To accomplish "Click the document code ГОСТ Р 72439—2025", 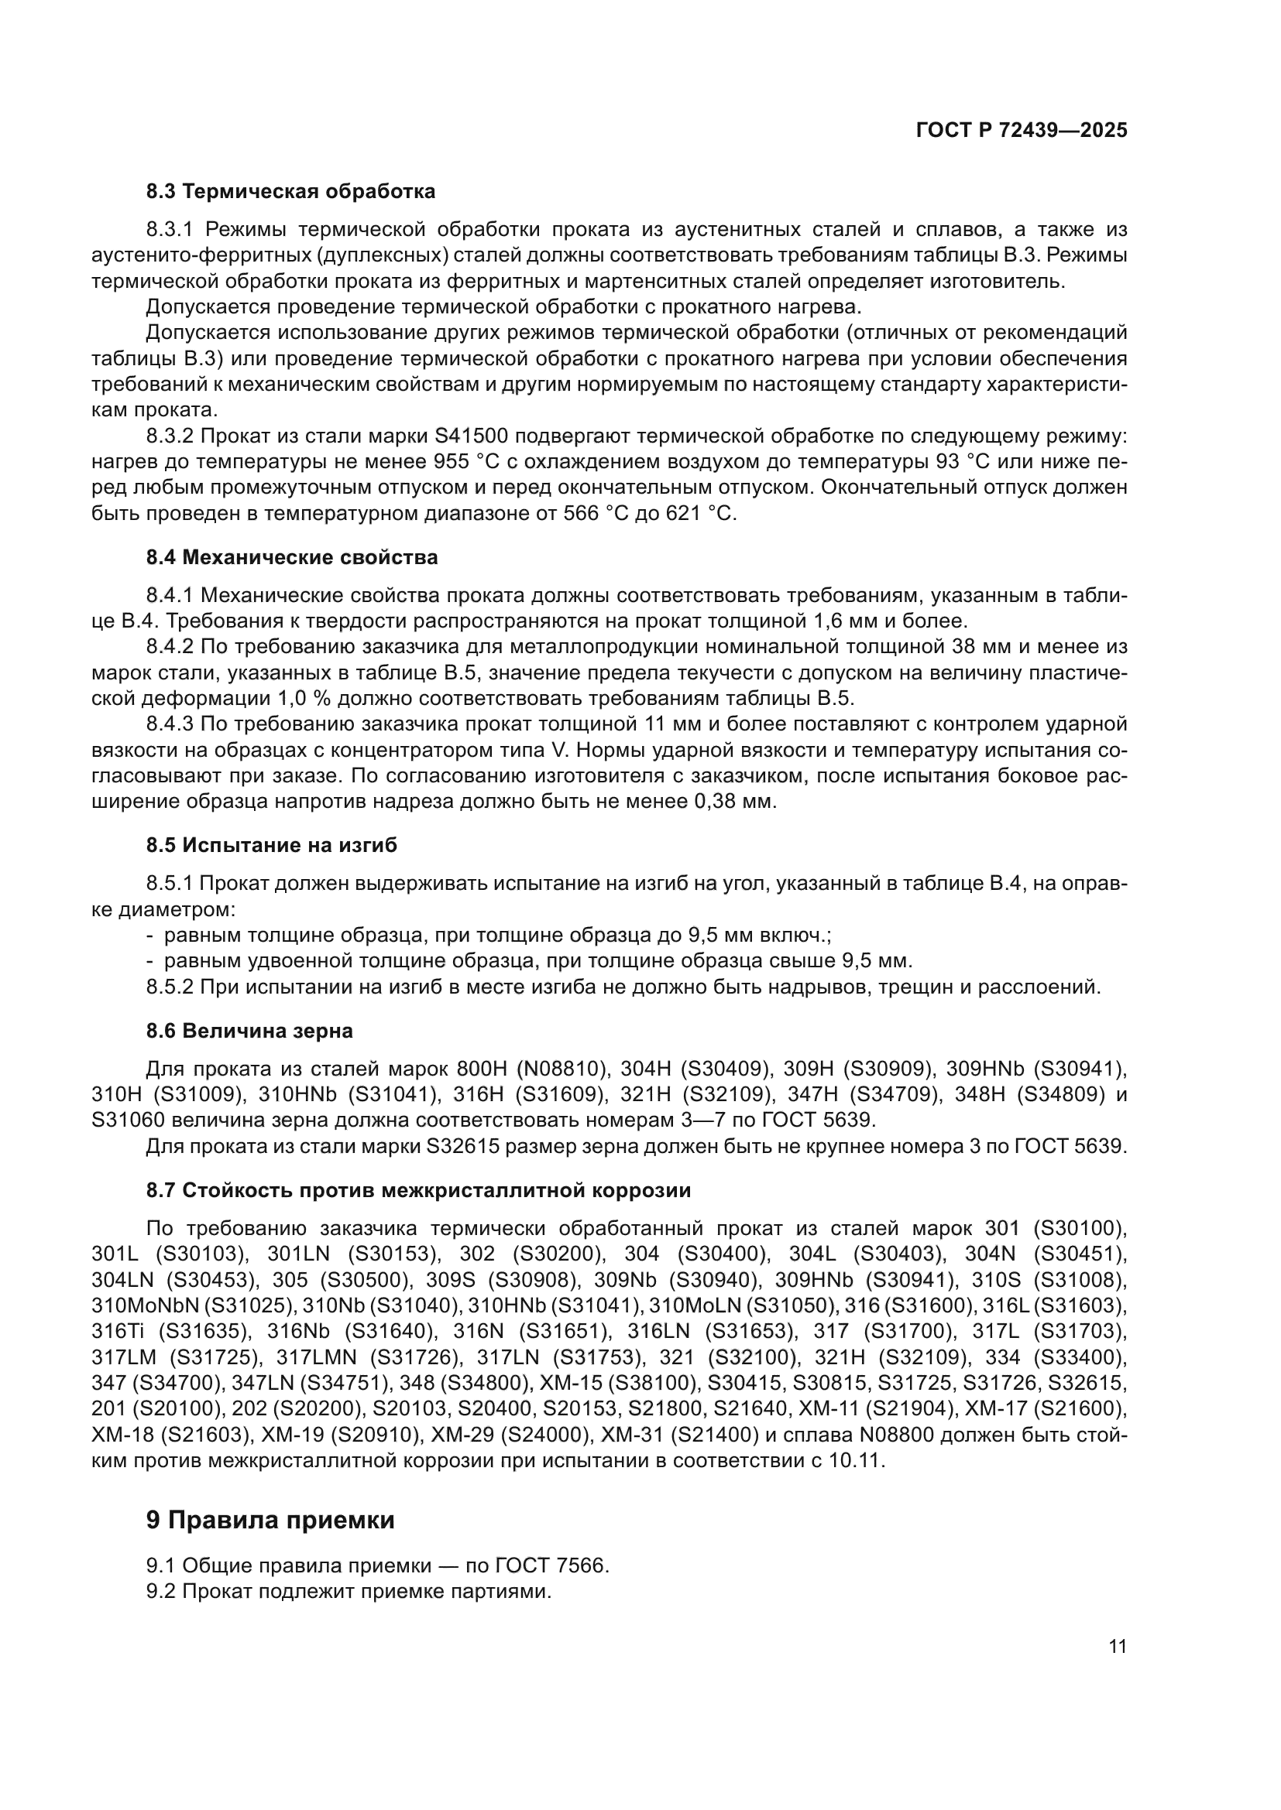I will [x=1022, y=131].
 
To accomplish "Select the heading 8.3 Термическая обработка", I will [x=290, y=192].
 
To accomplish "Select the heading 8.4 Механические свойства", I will [x=291, y=557].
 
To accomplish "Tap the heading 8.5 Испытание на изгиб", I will [x=271, y=846].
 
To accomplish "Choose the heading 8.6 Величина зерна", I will [x=249, y=1031].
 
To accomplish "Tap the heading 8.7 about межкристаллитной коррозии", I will [x=418, y=1190].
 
